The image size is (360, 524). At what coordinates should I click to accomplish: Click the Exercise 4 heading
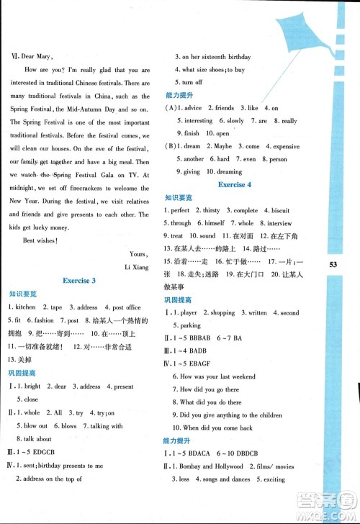(231, 185)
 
